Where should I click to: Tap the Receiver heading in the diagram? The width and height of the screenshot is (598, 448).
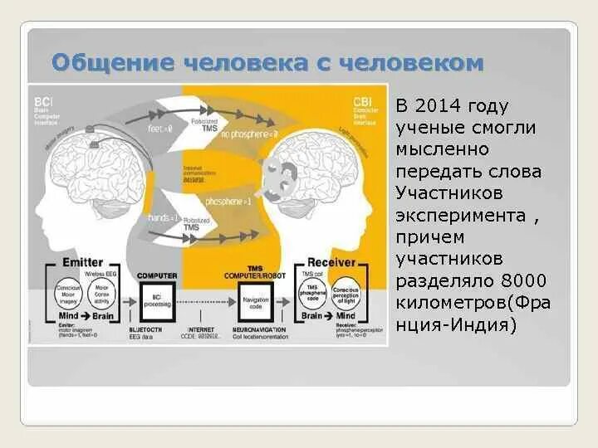point(331,262)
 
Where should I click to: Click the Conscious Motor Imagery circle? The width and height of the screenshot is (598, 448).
point(67,293)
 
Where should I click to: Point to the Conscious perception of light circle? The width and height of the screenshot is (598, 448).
point(346,293)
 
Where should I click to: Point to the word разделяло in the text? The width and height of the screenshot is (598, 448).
point(447,280)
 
